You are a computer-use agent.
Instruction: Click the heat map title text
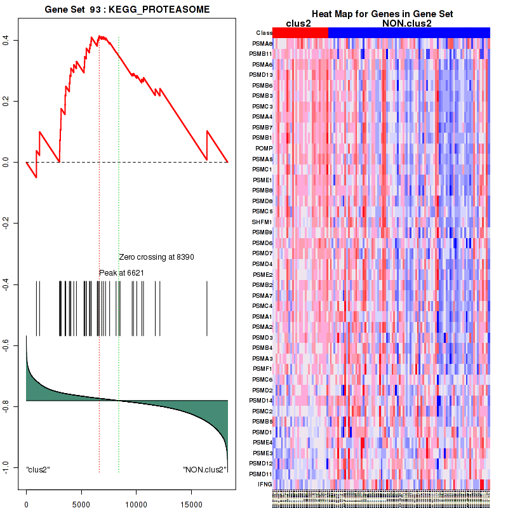[x=382, y=14]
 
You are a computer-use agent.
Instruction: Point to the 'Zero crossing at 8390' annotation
[x=156, y=257]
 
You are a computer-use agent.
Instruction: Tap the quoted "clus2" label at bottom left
[x=38, y=470]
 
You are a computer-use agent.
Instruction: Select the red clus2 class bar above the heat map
[x=300, y=32]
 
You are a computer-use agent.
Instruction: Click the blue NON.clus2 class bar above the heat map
[x=409, y=32]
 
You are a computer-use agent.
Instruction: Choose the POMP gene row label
[x=264, y=148]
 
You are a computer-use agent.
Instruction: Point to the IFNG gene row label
[x=265, y=484]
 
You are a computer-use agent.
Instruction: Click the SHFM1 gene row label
[x=262, y=222]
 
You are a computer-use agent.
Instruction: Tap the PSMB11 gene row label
[x=261, y=54]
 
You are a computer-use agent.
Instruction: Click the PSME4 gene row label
[x=262, y=442]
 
